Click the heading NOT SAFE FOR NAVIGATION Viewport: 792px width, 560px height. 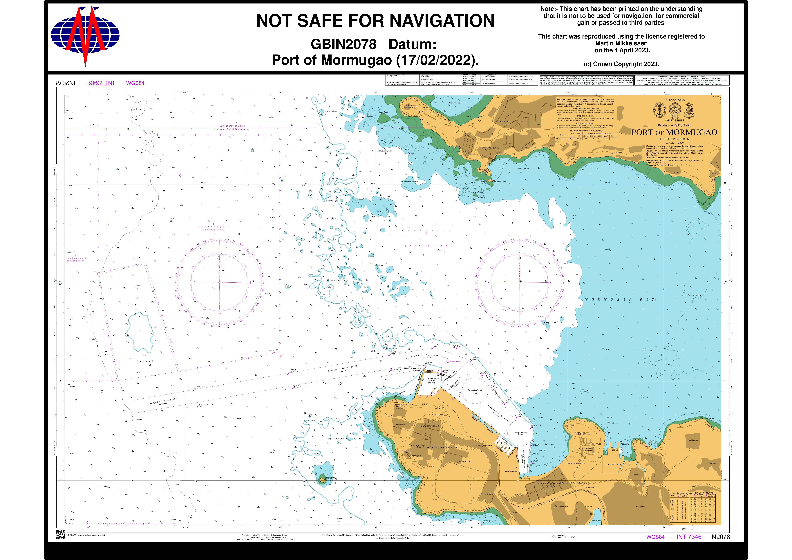[375, 21]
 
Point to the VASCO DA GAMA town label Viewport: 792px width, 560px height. [552, 483]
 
